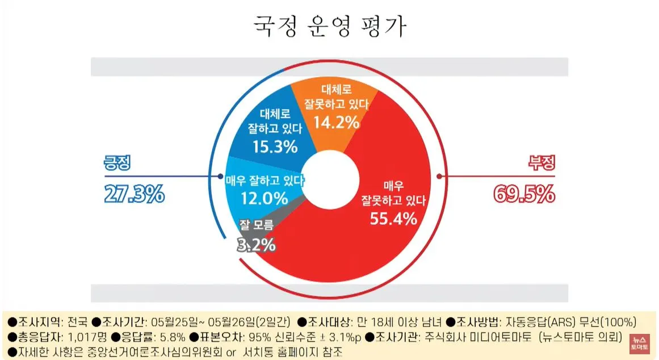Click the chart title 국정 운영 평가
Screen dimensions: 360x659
click(x=329, y=27)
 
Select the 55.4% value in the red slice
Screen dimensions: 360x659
click(x=393, y=217)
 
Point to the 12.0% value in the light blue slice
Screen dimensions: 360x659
click(x=265, y=198)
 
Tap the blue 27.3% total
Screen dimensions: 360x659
click(x=134, y=194)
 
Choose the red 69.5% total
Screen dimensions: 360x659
click(x=523, y=194)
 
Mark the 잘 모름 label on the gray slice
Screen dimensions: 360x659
click(x=257, y=225)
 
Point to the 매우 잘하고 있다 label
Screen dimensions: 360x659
click(x=265, y=181)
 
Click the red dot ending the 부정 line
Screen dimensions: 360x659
click(x=439, y=177)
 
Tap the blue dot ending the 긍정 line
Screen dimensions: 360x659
click(x=219, y=177)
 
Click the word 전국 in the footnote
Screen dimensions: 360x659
click(x=78, y=321)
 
